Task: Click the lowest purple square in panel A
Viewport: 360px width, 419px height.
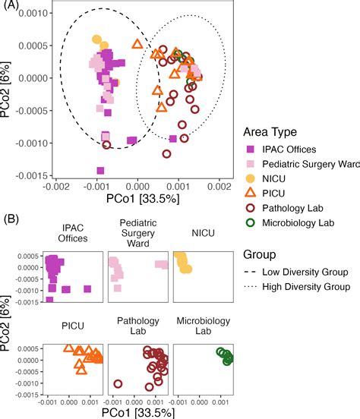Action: tap(100, 171)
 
